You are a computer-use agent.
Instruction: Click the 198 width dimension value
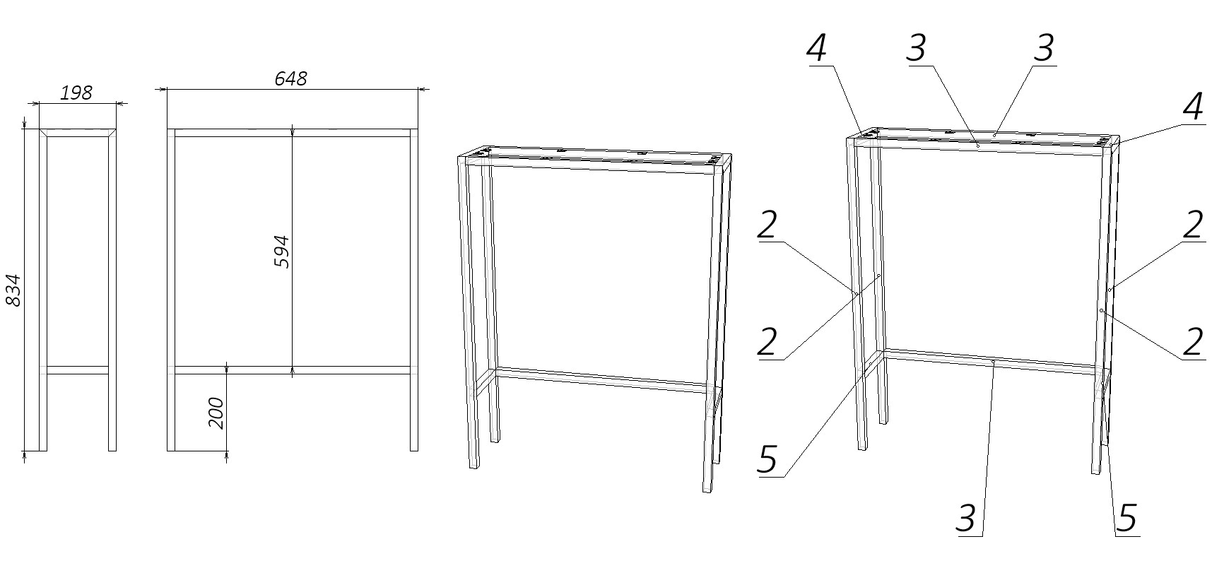click(x=76, y=93)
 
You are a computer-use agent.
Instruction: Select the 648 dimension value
click(x=290, y=78)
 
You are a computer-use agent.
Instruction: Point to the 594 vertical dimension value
click(x=281, y=252)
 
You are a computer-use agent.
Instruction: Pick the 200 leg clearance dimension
click(x=216, y=413)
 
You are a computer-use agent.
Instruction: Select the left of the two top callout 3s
click(x=917, y=47)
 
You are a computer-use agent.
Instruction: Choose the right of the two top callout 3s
click(x=1043, y=47)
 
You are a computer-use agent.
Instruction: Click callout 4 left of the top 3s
click(x=817, y=47)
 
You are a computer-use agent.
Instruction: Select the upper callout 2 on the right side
click(x=1193, y=225)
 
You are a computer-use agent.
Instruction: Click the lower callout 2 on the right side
click(x=1193, y=342)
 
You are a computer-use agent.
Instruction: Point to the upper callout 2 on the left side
click(x=767, y=225)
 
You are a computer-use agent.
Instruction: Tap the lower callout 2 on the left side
click(x=767, y=342)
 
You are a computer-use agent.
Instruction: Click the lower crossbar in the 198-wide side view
click(x=77, y=369)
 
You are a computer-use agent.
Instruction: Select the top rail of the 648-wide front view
click(x=292, y=133)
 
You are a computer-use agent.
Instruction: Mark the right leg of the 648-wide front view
click(x=414, y=290)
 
